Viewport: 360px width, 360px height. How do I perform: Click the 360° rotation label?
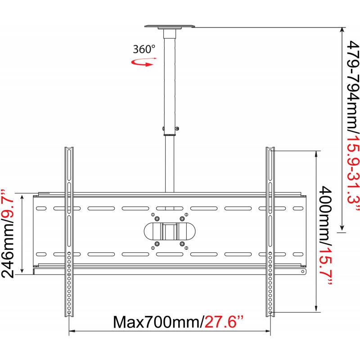[144, 49]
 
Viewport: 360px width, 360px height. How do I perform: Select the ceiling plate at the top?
[170, 27]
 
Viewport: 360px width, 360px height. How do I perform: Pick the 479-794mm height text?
[352, 88]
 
